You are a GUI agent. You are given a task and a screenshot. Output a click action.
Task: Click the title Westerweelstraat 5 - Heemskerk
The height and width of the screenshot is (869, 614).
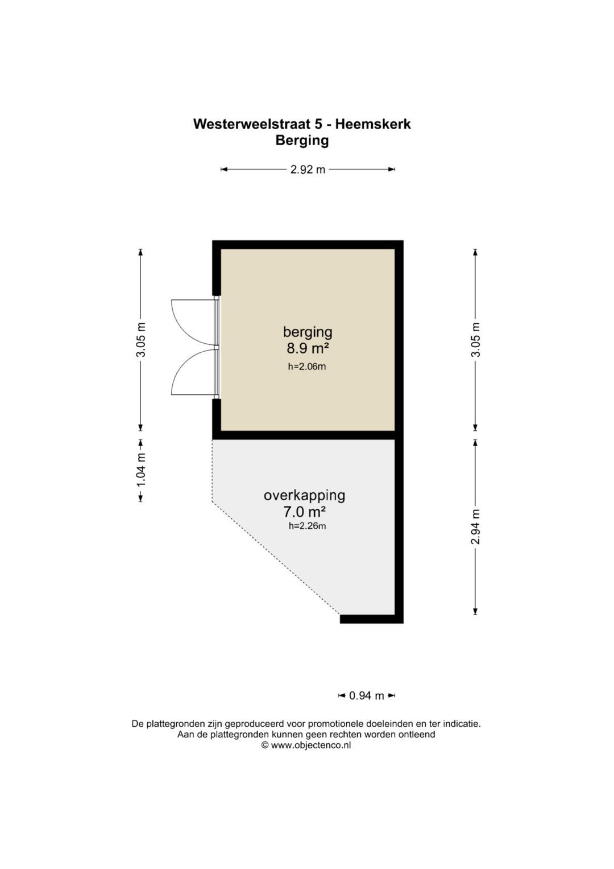tap(302, 124)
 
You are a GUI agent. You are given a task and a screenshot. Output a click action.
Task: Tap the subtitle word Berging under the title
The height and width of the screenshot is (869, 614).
tap(302, 141)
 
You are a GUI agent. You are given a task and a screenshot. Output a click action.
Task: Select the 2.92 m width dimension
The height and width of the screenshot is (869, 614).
tap(308, 170)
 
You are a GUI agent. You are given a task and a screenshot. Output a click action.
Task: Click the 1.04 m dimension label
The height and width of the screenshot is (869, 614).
tap(141, 470)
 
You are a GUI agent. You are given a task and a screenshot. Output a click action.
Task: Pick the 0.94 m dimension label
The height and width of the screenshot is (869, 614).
tap(366, 695)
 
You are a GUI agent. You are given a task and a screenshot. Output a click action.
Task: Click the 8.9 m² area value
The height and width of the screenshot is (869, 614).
tap(308, 349)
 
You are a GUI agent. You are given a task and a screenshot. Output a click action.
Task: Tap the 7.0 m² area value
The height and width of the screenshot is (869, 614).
tap(304, 512)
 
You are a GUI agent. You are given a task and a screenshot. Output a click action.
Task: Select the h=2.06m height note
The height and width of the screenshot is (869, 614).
tap(306, 366)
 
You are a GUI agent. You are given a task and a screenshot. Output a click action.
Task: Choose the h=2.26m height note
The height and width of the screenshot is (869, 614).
tap(307, 526)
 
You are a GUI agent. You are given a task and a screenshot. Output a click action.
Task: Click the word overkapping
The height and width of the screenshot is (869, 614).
tap(304, 496)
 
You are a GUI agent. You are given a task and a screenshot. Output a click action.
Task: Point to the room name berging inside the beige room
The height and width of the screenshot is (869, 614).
tap(308, 332)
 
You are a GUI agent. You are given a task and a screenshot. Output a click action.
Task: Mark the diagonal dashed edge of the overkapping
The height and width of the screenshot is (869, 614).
tap(276, 558)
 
